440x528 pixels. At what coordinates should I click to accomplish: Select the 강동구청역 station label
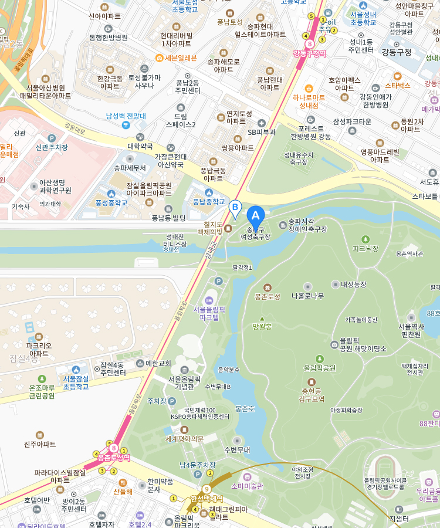(x=309, y=53)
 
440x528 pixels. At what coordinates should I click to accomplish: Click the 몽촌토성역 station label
(x=114, y=458)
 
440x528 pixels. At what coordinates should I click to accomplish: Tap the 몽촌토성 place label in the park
(x=268, y=297)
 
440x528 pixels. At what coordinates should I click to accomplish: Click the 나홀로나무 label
(x=307, y=296)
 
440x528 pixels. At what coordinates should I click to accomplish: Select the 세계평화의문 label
(x=184, y=438)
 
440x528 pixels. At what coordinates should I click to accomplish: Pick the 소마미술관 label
(x=247, y=486)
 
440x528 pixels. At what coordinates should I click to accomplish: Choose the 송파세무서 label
(x=130, y=167)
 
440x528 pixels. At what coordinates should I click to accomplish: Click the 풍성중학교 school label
(x=111, y=202)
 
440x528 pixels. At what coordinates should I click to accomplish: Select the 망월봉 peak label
(x=262, y=326)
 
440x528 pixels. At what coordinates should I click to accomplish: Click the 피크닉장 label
(x=365, y=248)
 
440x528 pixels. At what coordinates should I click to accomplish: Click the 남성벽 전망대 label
(x=126, y=116)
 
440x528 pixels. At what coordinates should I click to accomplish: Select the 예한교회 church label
(x=158, y=364)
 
